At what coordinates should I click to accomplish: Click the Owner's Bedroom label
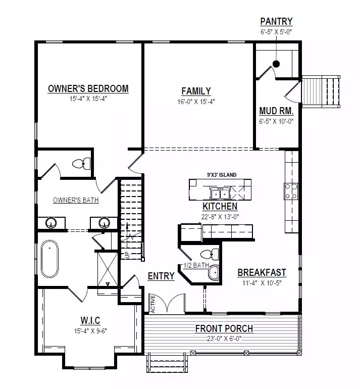point(88,88)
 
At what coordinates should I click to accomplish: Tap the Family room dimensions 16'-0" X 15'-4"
point(196,102)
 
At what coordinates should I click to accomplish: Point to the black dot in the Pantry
point(276,64)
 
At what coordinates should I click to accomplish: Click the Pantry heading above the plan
point(276,21)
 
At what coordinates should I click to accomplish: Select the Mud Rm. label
point(276,111)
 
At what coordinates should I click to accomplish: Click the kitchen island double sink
point(220,194)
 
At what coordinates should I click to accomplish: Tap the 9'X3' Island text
point(222,175)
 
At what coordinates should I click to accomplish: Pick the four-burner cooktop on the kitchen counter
point(291,191)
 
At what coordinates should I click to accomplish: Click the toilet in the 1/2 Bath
point(210,254)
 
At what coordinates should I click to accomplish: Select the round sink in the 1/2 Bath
point(214,273)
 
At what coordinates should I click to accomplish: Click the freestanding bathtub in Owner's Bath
point(50,259)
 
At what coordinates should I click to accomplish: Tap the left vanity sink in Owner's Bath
point(51,223)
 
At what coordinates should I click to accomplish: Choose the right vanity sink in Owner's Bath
point(104,223)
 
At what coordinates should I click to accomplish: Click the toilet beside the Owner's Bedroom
point(81,164)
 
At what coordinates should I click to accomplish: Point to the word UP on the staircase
point(127,255)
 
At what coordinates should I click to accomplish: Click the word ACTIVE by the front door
point(152,304)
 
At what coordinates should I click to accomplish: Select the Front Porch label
point(224,328)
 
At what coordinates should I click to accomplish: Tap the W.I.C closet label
point(90,320)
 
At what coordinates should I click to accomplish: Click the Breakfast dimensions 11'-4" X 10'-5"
point(262,283)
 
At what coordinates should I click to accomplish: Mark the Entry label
point(161,276)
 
